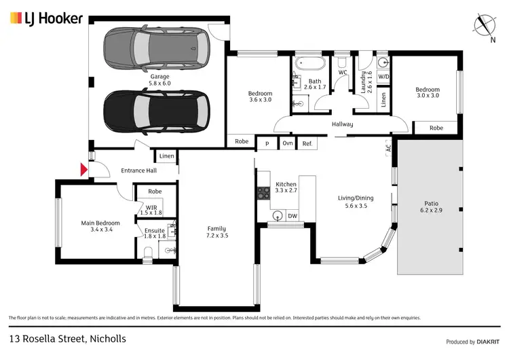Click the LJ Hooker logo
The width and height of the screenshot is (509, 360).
tap(45, 18)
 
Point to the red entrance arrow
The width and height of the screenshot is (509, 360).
tap(84, 170)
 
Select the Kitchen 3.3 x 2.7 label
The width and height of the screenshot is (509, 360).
tap(286, 187)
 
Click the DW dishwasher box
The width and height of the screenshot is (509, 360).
tap(293, 216)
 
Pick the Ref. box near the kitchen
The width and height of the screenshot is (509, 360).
tap(307, 143)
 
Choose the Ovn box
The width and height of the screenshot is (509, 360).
tap(287, 143)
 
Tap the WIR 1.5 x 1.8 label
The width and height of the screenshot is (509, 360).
tap(151, 209)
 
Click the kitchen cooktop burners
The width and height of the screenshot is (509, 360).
tap(263, 194)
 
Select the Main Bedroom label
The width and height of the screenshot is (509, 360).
tap(100, 226)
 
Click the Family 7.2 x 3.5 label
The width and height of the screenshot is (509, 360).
tap(216, 232)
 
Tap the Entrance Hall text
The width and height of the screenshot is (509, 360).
tap(138, 170)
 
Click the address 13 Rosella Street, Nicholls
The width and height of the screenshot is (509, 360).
tap(67, 338)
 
